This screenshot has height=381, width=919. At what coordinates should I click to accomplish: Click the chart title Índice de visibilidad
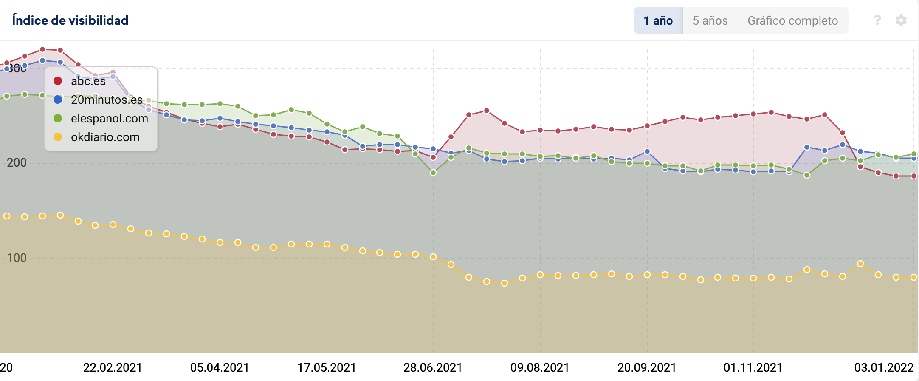(70, 20)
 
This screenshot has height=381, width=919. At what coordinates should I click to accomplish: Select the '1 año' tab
(658, 20)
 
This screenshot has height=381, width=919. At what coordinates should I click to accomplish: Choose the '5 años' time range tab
(710, 20)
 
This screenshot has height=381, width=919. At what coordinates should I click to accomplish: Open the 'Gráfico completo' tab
(792, 20)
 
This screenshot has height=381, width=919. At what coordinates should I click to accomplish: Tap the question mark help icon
(877, 20)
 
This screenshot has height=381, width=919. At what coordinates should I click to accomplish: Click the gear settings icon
(901, 20)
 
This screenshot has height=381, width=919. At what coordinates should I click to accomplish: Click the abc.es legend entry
(88, 81)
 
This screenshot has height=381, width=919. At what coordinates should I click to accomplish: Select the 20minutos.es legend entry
(106, 100)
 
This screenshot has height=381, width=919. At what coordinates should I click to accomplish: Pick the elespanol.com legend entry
(109, 118)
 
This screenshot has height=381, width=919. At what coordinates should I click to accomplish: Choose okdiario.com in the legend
(105, 137)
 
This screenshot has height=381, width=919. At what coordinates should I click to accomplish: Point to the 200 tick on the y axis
(17, 162)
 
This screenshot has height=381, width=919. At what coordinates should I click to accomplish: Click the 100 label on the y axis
(17, 258)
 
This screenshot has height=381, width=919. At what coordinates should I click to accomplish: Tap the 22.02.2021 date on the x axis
(113, 367)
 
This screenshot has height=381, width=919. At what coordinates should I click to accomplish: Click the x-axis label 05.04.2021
(220, 367)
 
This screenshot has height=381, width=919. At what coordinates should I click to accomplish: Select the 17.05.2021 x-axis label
(327, 367)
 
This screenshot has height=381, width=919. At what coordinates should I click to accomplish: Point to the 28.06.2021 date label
(433, 367)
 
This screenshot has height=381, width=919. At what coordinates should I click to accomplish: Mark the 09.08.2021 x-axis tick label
(540, 367)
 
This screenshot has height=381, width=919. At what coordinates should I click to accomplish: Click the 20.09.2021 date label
(647, 367)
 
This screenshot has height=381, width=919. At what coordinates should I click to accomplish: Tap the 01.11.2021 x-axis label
(753, 367)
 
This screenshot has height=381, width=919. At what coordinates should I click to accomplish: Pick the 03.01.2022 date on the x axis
(884, 367)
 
